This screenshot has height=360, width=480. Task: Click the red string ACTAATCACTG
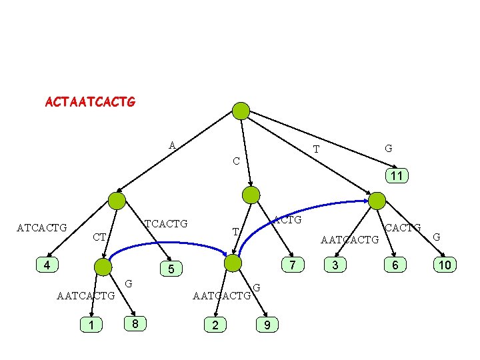(x=90, y=103)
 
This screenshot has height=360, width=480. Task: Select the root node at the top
(x=241, y=111)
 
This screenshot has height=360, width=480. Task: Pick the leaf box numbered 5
(x=171, y=269)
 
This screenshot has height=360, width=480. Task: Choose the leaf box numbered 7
(x=292, y=265)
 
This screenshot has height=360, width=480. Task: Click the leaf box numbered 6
(x=395, y=265)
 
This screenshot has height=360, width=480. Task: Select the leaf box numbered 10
(x=445, y=265)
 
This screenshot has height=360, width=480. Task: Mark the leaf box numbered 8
(x=135, y=324)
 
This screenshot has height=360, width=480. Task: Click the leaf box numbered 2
(x=215, y=325)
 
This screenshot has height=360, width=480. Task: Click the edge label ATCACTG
(x=41, y=228)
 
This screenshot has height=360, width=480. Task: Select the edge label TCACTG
(x=166, y=223)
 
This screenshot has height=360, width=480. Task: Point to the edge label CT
(x=99, y=237)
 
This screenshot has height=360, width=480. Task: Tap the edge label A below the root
(x=172, y=145)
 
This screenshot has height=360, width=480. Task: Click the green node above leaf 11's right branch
(x=377, y=201)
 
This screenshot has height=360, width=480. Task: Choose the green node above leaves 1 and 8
(x=103, y=267)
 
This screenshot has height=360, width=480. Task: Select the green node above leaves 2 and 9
(x=233, y=263)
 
